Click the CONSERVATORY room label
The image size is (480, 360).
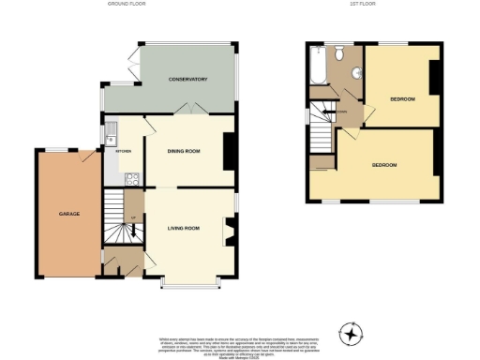[x=187, y=79]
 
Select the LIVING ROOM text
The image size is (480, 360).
[x=185, y=228]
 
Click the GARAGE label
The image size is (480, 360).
[x=69, y=214]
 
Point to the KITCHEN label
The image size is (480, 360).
[x=123, y=150]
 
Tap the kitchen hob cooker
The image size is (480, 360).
[x=131, y=175]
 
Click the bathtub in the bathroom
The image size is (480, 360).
[x=315, y=68]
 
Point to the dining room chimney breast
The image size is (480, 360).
[x=228, y=150]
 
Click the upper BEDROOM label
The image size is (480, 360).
[x=403, y=98]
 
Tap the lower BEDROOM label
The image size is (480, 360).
[x=384, y=165]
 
